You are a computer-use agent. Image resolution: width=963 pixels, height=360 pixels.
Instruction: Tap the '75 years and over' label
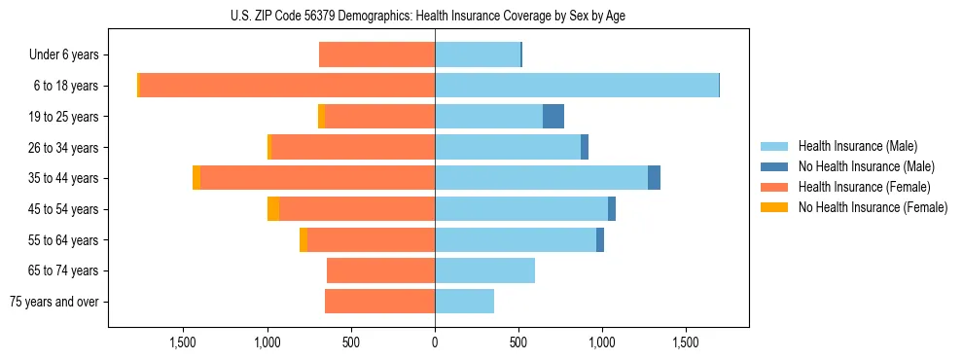coord(54,302)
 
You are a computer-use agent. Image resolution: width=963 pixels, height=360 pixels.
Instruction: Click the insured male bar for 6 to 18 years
coord(577,86)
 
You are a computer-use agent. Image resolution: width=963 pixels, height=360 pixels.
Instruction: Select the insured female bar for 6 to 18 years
coord(287,86)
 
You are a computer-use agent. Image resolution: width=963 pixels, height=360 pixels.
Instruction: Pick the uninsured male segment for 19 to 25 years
coord(553,117)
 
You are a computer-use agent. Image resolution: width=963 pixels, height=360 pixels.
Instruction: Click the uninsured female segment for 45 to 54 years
coord(273,209)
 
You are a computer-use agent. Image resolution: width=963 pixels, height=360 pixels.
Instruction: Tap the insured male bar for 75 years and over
coord(464,302)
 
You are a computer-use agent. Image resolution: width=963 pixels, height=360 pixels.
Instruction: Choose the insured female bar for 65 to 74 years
coord(380,270)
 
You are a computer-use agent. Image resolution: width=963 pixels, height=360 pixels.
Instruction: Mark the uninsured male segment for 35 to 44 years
coord(654,178)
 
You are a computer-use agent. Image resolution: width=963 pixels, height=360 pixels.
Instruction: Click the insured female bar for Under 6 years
coord(376,55)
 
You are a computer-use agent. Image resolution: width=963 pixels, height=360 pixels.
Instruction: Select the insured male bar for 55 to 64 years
coord(516,240)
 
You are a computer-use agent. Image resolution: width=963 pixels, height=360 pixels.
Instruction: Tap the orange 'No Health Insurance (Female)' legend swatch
coord(774,207)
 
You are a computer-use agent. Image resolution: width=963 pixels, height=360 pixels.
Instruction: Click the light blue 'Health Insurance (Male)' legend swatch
coord(774,146)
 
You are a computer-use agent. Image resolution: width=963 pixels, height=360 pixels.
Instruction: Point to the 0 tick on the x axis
coord(435,342)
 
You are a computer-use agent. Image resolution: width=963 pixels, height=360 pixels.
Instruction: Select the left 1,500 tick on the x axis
coord(184,342)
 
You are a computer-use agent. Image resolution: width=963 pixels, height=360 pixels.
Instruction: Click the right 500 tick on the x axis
coord(518,342)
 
